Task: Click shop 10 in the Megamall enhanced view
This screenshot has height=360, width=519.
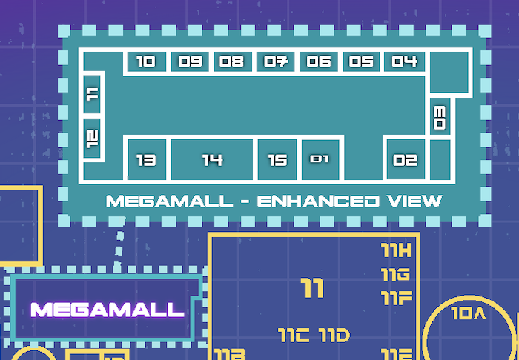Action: tap(146, 62)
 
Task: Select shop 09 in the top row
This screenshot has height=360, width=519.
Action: tap(191, 62)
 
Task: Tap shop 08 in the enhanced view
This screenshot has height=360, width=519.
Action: tap(232, 62)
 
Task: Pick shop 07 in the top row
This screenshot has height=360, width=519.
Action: tap(276, 62)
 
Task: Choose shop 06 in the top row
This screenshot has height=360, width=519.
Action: tap(319, 62)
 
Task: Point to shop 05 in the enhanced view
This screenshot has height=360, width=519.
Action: tap(361, 62)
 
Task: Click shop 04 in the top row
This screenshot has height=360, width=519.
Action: tap(404, 62)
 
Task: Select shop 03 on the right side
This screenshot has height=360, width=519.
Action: tap(440, 117)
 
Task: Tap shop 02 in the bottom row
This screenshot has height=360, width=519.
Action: tap(406, 159)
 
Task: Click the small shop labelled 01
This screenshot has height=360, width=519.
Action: tap(320, 159)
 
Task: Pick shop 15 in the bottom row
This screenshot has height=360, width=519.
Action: tap(277, 159)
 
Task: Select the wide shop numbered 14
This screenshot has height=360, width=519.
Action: tap(213, 159)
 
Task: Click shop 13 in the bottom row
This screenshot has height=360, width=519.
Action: tap(146, 159)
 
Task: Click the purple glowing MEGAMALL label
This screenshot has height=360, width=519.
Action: tap(107, 310)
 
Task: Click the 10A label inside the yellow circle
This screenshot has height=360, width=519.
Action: tap(467, 313)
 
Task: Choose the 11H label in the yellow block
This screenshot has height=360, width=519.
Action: tap(396, 249)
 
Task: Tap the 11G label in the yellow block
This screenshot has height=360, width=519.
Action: tap(395, 275)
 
